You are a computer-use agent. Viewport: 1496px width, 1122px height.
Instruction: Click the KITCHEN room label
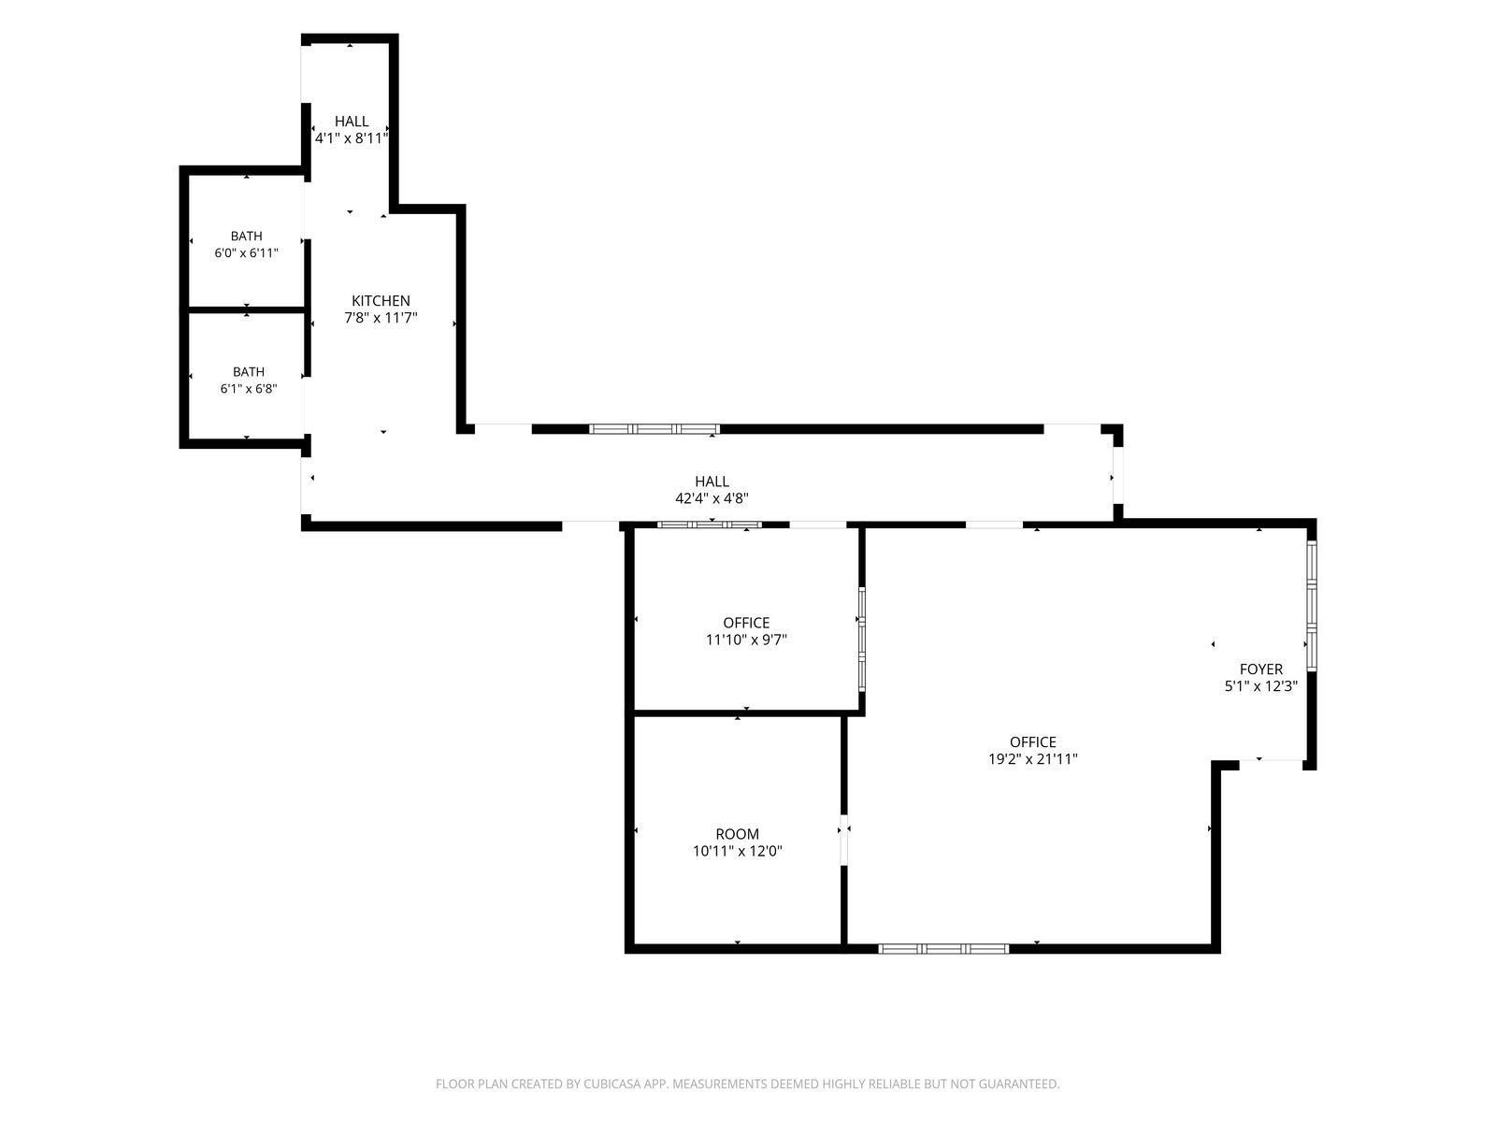[381, 300]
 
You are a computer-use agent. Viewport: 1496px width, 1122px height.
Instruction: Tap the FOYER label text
[1261, 669]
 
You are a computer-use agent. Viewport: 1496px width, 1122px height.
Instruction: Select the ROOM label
[737, 834]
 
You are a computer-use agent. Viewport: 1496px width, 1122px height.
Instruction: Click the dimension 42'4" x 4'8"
[712, 498]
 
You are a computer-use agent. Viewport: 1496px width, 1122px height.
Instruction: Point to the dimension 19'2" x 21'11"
[1032, 759]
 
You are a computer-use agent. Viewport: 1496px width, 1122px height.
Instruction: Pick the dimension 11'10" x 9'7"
[746, 640]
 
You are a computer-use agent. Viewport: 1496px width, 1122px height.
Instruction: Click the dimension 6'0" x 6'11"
[246, 253]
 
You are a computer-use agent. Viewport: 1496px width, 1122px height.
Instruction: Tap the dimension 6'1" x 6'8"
[248, 389]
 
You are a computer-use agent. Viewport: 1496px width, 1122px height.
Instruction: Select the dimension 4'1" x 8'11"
[351, 138]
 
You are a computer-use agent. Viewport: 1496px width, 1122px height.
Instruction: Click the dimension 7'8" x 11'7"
[381, 318]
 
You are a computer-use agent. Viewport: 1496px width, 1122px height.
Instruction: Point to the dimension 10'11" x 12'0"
[737, 851]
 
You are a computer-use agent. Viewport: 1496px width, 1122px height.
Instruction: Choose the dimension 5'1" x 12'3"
[1261, 686]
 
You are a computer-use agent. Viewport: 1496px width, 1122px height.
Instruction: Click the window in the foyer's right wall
[1311, 606]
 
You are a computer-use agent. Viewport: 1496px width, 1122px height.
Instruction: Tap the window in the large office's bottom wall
[943, 948]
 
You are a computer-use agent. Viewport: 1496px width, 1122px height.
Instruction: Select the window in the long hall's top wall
[654, 429]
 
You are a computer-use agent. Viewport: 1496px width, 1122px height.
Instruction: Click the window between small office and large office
[861, 640]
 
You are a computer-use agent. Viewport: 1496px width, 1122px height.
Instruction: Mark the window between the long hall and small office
[710, 525]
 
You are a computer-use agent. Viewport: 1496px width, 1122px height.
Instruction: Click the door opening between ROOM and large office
[843, 840]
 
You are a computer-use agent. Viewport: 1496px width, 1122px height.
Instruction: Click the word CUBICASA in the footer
[612, 1084]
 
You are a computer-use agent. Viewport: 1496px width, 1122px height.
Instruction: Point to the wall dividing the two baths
[246, 310]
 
